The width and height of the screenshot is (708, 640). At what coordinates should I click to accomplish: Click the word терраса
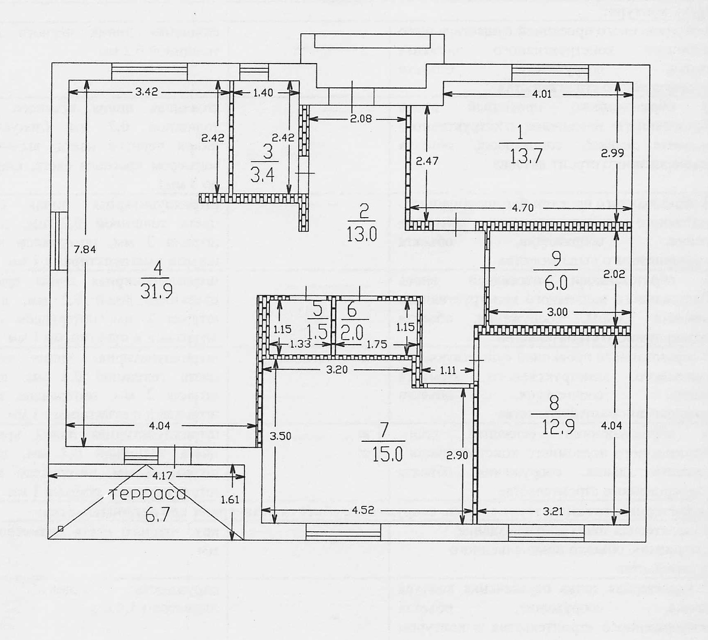pos(147,494)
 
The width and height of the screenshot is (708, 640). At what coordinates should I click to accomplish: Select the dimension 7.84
pos(85,249)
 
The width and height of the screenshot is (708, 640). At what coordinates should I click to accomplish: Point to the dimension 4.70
pos(522,208)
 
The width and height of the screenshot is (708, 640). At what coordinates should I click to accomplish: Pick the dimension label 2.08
pos(361,119)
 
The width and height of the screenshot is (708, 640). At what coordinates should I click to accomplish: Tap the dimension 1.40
pos(263,93)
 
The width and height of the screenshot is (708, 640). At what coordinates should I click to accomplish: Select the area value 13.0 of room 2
pos(361,235)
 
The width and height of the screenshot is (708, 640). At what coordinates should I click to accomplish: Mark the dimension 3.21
pos(553,511)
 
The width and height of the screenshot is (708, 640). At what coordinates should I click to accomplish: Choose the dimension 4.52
pos(363,510)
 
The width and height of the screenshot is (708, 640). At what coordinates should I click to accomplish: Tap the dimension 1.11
pos(448,370)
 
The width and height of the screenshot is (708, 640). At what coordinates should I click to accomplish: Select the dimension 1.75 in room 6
pos(377,345)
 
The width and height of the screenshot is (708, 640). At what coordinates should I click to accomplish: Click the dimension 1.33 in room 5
pos(300,344)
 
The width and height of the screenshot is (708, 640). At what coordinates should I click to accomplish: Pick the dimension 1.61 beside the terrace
pos(230,499)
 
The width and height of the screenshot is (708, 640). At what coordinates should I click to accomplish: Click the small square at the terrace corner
pos(61,529)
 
